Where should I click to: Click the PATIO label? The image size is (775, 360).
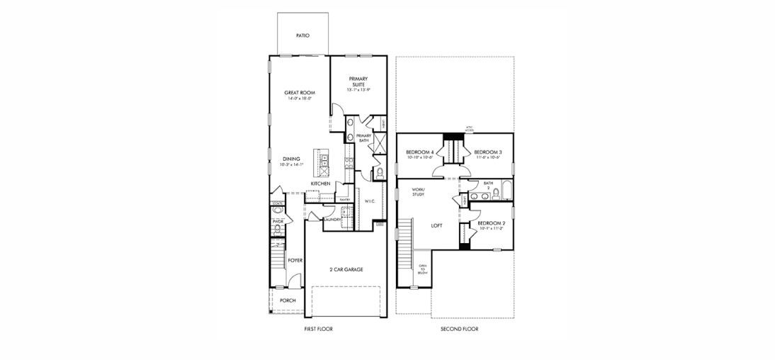pos(302,35)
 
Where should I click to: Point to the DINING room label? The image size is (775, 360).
pos(291,159)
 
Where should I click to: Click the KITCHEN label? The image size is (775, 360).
pos(320,184)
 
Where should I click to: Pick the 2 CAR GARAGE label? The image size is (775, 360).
pos(346,270)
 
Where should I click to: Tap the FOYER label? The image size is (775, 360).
pos(295,260)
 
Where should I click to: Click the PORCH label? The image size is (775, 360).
pos(288,300)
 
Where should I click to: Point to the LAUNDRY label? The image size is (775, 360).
pos(332,220)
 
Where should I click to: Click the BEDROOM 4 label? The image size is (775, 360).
pos(419,152)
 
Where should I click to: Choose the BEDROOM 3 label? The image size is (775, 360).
pos(487,152)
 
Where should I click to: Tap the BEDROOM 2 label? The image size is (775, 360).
pos(492,223)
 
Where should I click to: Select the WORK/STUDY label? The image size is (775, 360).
pos(418,192)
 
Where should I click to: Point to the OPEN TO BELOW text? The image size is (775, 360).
pos(423,269)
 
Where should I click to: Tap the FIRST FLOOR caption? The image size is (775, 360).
pos(317,330)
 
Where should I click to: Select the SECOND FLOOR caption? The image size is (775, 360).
pos(460,330)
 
